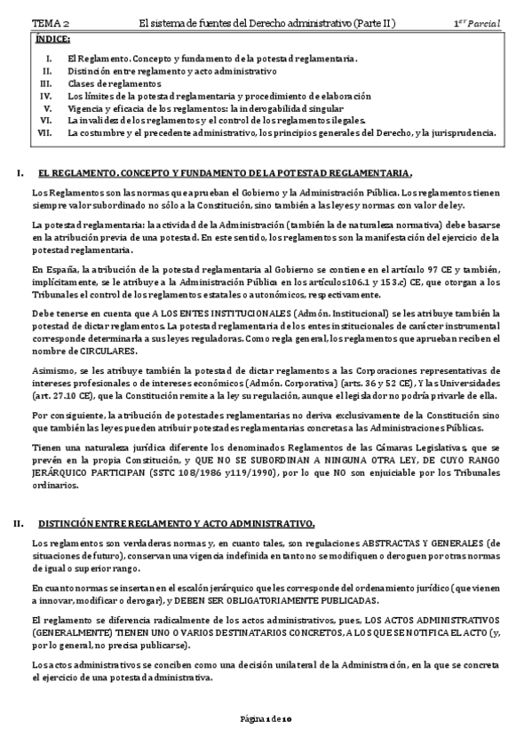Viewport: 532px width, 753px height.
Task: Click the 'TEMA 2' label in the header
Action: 52,22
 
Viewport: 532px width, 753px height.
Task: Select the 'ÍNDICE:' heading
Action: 52,41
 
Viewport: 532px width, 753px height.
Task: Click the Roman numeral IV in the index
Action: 47,95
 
